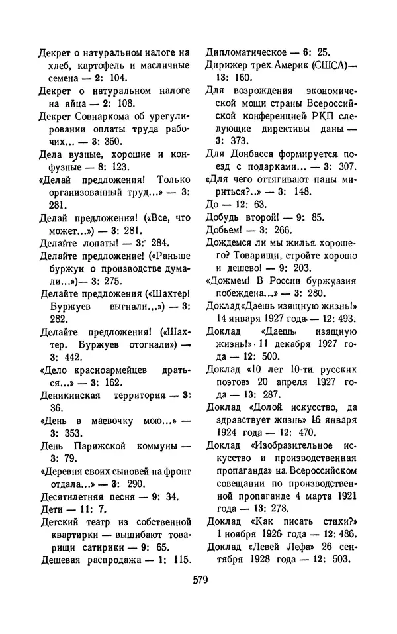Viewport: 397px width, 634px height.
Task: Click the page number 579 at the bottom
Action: (199, 581)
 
